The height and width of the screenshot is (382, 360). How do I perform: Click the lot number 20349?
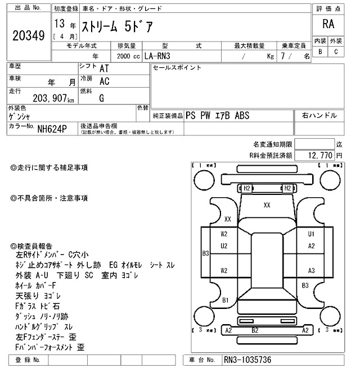pos(28,35)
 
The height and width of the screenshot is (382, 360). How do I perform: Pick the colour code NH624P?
pos(52,129)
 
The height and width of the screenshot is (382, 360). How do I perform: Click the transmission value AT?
pos(104,68)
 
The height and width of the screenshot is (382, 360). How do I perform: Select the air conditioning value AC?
pos(104,81)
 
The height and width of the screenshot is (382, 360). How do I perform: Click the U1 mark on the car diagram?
pos(311,234)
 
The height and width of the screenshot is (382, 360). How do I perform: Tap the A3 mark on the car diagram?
pos(311,270)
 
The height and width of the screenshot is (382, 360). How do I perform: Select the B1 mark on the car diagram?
pos(225,300)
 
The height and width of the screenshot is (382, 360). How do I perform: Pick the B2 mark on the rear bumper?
pos(255,330)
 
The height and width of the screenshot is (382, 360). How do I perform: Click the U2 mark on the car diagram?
pos(224,245)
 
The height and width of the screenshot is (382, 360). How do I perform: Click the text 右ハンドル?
pos(319,116)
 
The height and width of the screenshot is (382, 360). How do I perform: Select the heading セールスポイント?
pos(177,68)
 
